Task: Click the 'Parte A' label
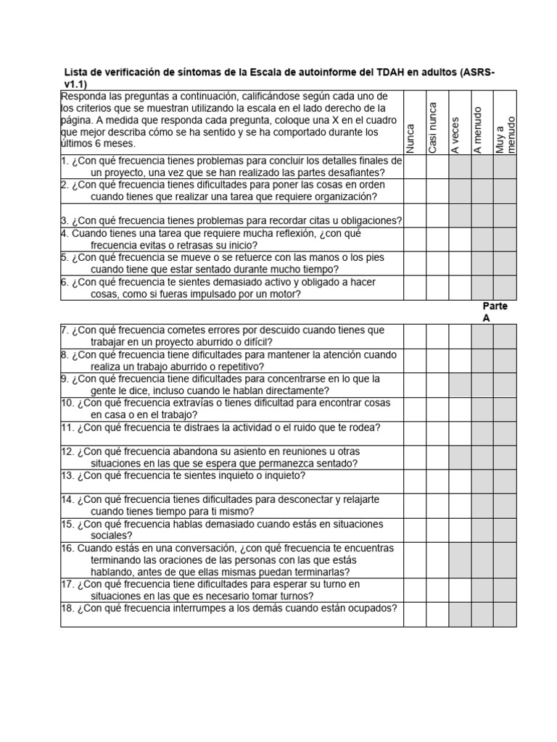pos(494,312)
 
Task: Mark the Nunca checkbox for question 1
pos(414,167)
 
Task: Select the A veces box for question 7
pos(460,336)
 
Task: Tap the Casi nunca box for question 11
pos(437,433)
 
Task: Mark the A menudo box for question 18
pos(482,614)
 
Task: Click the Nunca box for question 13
pos(414,481)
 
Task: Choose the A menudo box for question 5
pos(482,263)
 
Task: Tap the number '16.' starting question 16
pos(67,548)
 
